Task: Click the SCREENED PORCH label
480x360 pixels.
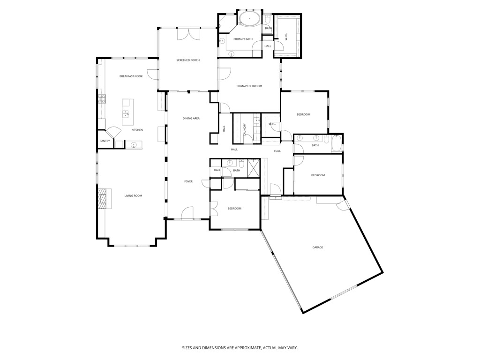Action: pyautogui.click(x=188, y=60)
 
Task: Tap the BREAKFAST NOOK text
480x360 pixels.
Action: pyautogui.click(x=131, y=76)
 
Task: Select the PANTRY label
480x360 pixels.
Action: pyautogui.click(x=105, y=141)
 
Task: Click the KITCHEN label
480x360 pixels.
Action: pyautogui.click(x=137, y=130)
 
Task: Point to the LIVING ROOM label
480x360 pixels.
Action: pyautogui.click(x=133, y=195)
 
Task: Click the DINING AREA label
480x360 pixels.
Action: pyautogui.click(x=191, y=118)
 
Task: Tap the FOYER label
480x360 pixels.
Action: pyautogui.click(x=188, y=181)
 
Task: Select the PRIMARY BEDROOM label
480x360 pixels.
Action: pyautogui.click(x=249, y=86)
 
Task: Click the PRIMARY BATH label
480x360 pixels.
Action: pyautogui.click(x=243, y=39)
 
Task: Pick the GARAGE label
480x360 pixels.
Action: pyautogui.click(x=318, y=247)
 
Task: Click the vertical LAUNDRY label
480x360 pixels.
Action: pyautogui.click(x=245, y=129)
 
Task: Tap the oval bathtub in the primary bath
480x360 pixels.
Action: pyautogui.click(x=249, y=20)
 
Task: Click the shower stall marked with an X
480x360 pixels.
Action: pyautogui.click(x=254, y=168)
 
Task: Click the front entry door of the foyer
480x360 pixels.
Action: pyautogui.click(x=187, y=213)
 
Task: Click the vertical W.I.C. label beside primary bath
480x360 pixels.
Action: pyautogui.click(x=286, y=37)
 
